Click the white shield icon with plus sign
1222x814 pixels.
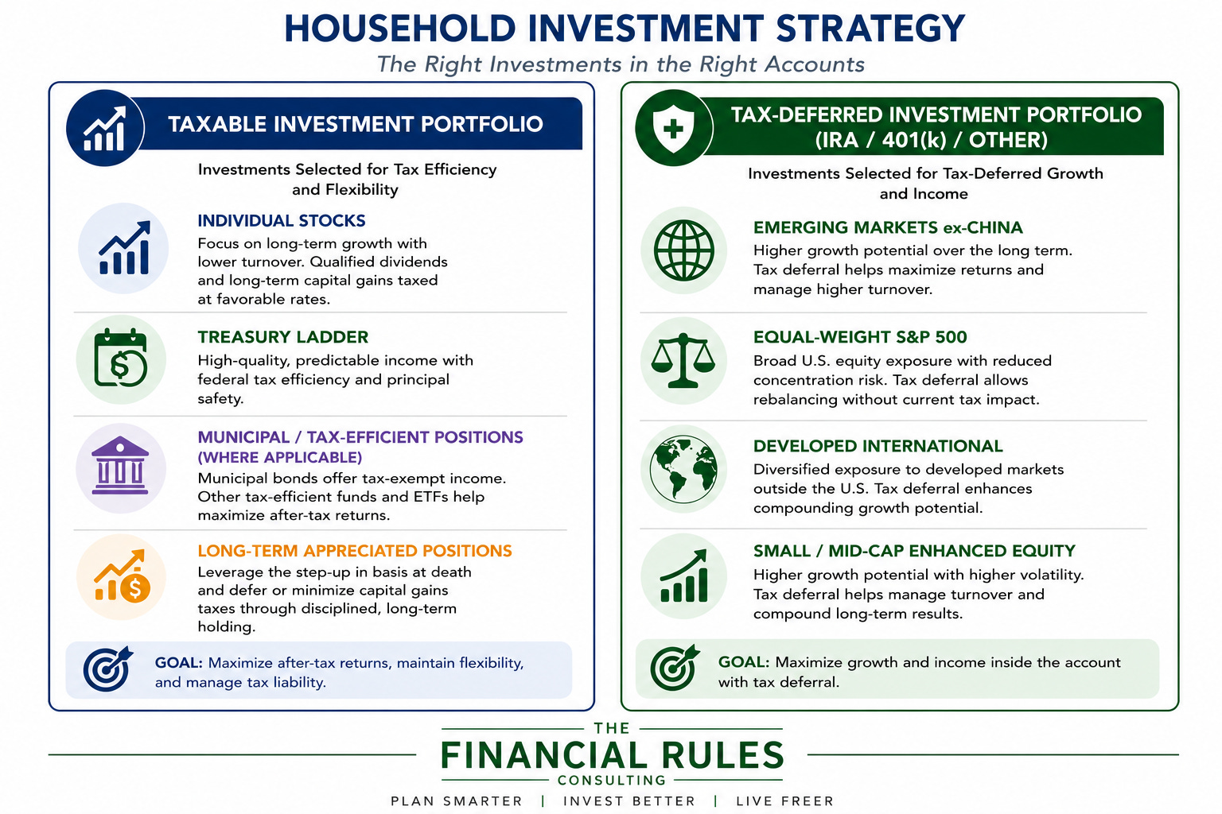click(673, 129)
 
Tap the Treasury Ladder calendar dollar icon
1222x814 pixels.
click(121, 359)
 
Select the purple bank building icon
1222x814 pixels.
click(120, 465)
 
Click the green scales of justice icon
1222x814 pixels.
click(683, 360)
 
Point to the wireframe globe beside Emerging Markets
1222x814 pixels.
click(683, 250)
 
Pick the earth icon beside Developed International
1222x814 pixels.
click(683, 469)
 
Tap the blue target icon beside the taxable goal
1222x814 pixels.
click(107, 669)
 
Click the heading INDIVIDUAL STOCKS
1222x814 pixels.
click(282, 221)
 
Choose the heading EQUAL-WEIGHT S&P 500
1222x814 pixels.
click(860, 337)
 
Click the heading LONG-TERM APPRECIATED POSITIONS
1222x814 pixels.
click(355, 551)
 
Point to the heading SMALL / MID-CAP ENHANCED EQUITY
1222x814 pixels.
click(914, 551)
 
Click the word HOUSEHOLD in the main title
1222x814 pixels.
click(400, 29)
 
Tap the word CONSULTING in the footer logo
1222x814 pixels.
click(612, 780)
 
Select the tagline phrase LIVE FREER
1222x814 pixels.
click(785, 801)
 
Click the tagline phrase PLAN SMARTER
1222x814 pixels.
click(457, 801)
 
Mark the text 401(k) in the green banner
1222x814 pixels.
click(914, 140)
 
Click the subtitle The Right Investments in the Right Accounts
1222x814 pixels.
click(621, 64)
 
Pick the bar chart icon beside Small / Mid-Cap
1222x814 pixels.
click(683, 576)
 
